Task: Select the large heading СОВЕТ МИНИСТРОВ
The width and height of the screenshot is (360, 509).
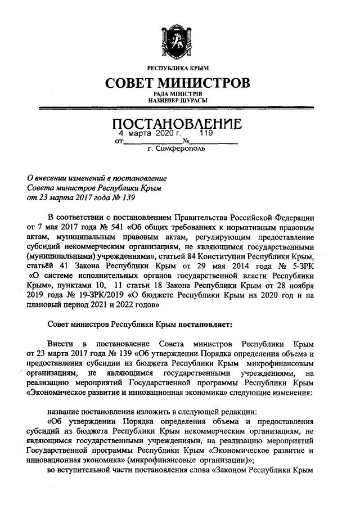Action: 179,83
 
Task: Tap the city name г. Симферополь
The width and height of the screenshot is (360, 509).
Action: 178,150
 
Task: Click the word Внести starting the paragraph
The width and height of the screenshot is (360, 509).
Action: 61,344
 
